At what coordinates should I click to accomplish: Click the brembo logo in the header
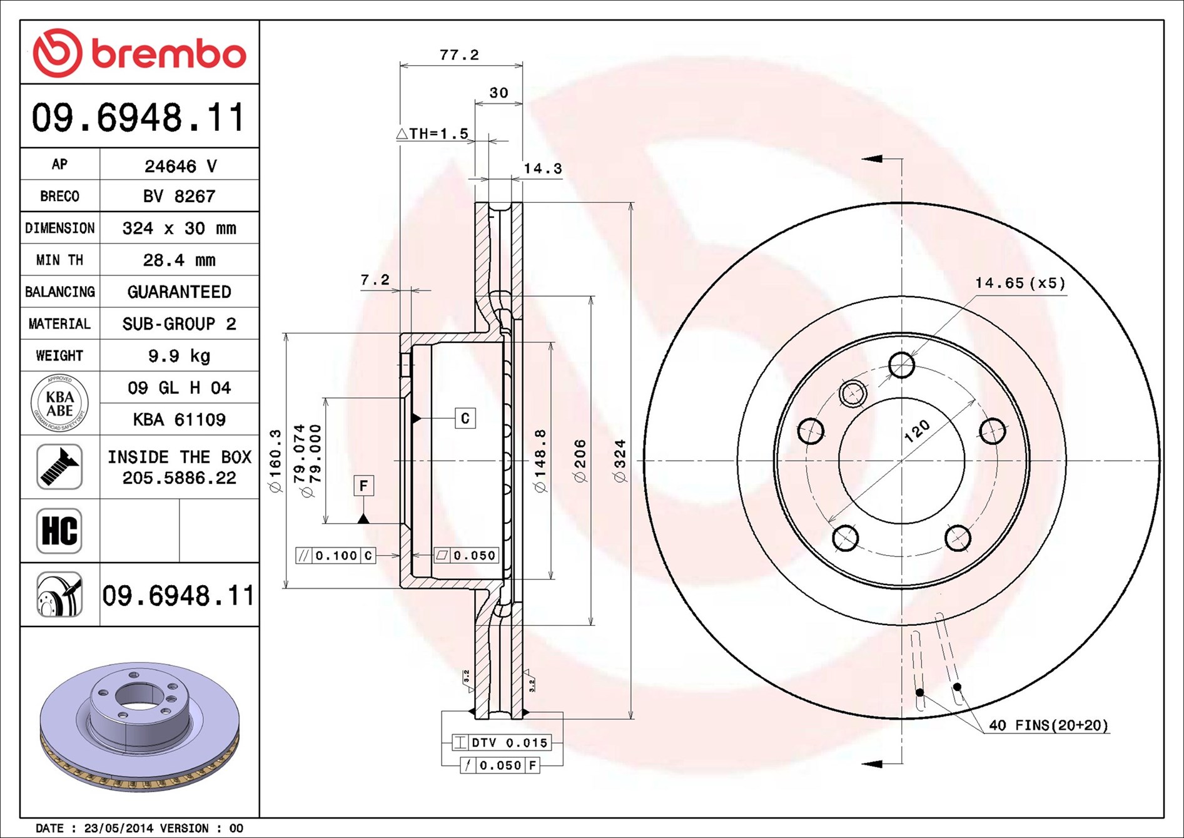[x=139, y=53]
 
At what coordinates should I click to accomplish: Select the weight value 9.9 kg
[x=180, y=356]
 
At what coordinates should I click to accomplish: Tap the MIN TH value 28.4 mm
[x=180, y=260]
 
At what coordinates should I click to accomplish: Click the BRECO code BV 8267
[x=180, y=197]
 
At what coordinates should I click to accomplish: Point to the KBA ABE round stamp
[x=59, y=403]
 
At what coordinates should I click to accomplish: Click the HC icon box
[x=59, y=531]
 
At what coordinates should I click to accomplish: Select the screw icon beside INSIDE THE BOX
[x=59, y=467]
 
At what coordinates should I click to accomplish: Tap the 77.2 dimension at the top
[x=459, y=55]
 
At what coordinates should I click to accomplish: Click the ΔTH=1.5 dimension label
[x=433, y=133]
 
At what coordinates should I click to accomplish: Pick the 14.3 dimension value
[x=543, y=168]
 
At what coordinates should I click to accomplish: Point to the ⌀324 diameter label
[x=620, y=461]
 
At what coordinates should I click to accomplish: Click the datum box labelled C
[x=465, y=418]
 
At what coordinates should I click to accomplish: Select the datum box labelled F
[x=363, y=486]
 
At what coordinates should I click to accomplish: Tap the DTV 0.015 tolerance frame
[x=501, y=743]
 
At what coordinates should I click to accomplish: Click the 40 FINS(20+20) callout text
[x=1048, y=725]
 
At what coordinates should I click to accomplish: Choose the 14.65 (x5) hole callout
[x=1020, y=283]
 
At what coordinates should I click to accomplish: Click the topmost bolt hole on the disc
[x=901, y=365]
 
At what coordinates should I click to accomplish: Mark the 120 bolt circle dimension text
[x=917, y=431]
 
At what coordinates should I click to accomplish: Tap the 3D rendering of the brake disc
[x=139, y=726]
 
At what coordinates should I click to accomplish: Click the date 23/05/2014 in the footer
[x=118, y=828]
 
